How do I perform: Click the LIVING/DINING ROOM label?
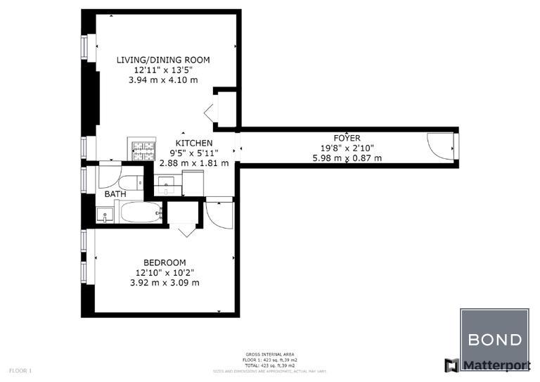[x=163, y=60]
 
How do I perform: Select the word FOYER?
[x=347, y=138]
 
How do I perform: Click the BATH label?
[x=115, y=194]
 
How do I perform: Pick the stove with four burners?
[x=140, y=150]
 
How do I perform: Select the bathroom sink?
[x=104, y=214]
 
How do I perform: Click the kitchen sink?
[x=167, y=187]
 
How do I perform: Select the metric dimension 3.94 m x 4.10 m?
[x=163, y=80]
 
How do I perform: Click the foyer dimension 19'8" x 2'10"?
[x=347, y=148]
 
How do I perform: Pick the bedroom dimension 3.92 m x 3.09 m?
[x=164, y=283]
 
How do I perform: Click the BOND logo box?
[x=494, y=340]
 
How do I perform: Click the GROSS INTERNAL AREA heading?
[x=270, y=354]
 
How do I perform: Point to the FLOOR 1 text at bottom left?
[x=20, y=370]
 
